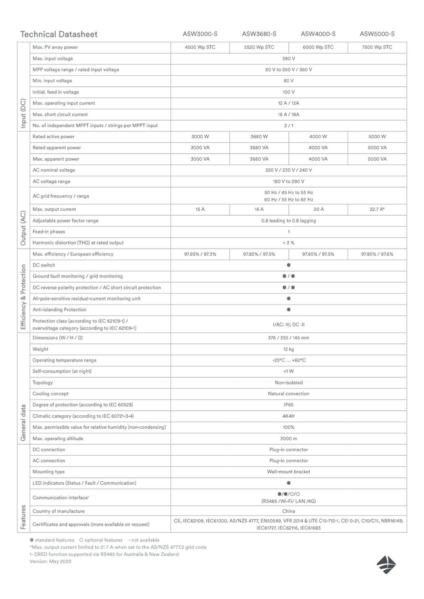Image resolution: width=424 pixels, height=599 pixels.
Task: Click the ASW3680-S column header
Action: [x=259, y=34]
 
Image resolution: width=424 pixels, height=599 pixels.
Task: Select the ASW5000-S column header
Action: [x=377, y=34]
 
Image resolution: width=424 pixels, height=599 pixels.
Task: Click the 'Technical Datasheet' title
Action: [x=58, y=34]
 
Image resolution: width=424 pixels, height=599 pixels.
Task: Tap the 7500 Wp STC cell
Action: [x=377, y=47]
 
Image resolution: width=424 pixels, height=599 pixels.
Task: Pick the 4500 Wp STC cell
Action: [x=200, y=47]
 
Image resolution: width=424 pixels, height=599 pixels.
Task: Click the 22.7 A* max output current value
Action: [x=377, y=209]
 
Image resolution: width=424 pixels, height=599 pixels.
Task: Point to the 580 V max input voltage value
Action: [x=289, y=58]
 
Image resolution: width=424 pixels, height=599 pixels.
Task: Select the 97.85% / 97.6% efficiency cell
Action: [x=377, y=254]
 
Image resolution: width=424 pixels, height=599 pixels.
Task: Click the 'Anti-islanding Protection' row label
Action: [x=59, y=309]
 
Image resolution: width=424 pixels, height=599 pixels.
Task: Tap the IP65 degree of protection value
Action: [x=289, y=405]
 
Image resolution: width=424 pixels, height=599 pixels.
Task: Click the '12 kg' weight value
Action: [x=289, y=349]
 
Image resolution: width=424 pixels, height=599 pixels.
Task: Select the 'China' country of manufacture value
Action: [x=289, y=511]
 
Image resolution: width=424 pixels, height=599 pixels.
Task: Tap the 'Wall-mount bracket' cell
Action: [x=289, y=472]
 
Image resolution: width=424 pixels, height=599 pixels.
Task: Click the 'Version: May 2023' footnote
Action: [x=50, y=561]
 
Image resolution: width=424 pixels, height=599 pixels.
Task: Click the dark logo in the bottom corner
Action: [x=386, y=563]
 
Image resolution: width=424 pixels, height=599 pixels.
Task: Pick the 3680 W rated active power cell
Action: [x=259, y=136]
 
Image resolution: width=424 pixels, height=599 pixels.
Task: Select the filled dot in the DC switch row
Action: [x=289, y=265]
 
